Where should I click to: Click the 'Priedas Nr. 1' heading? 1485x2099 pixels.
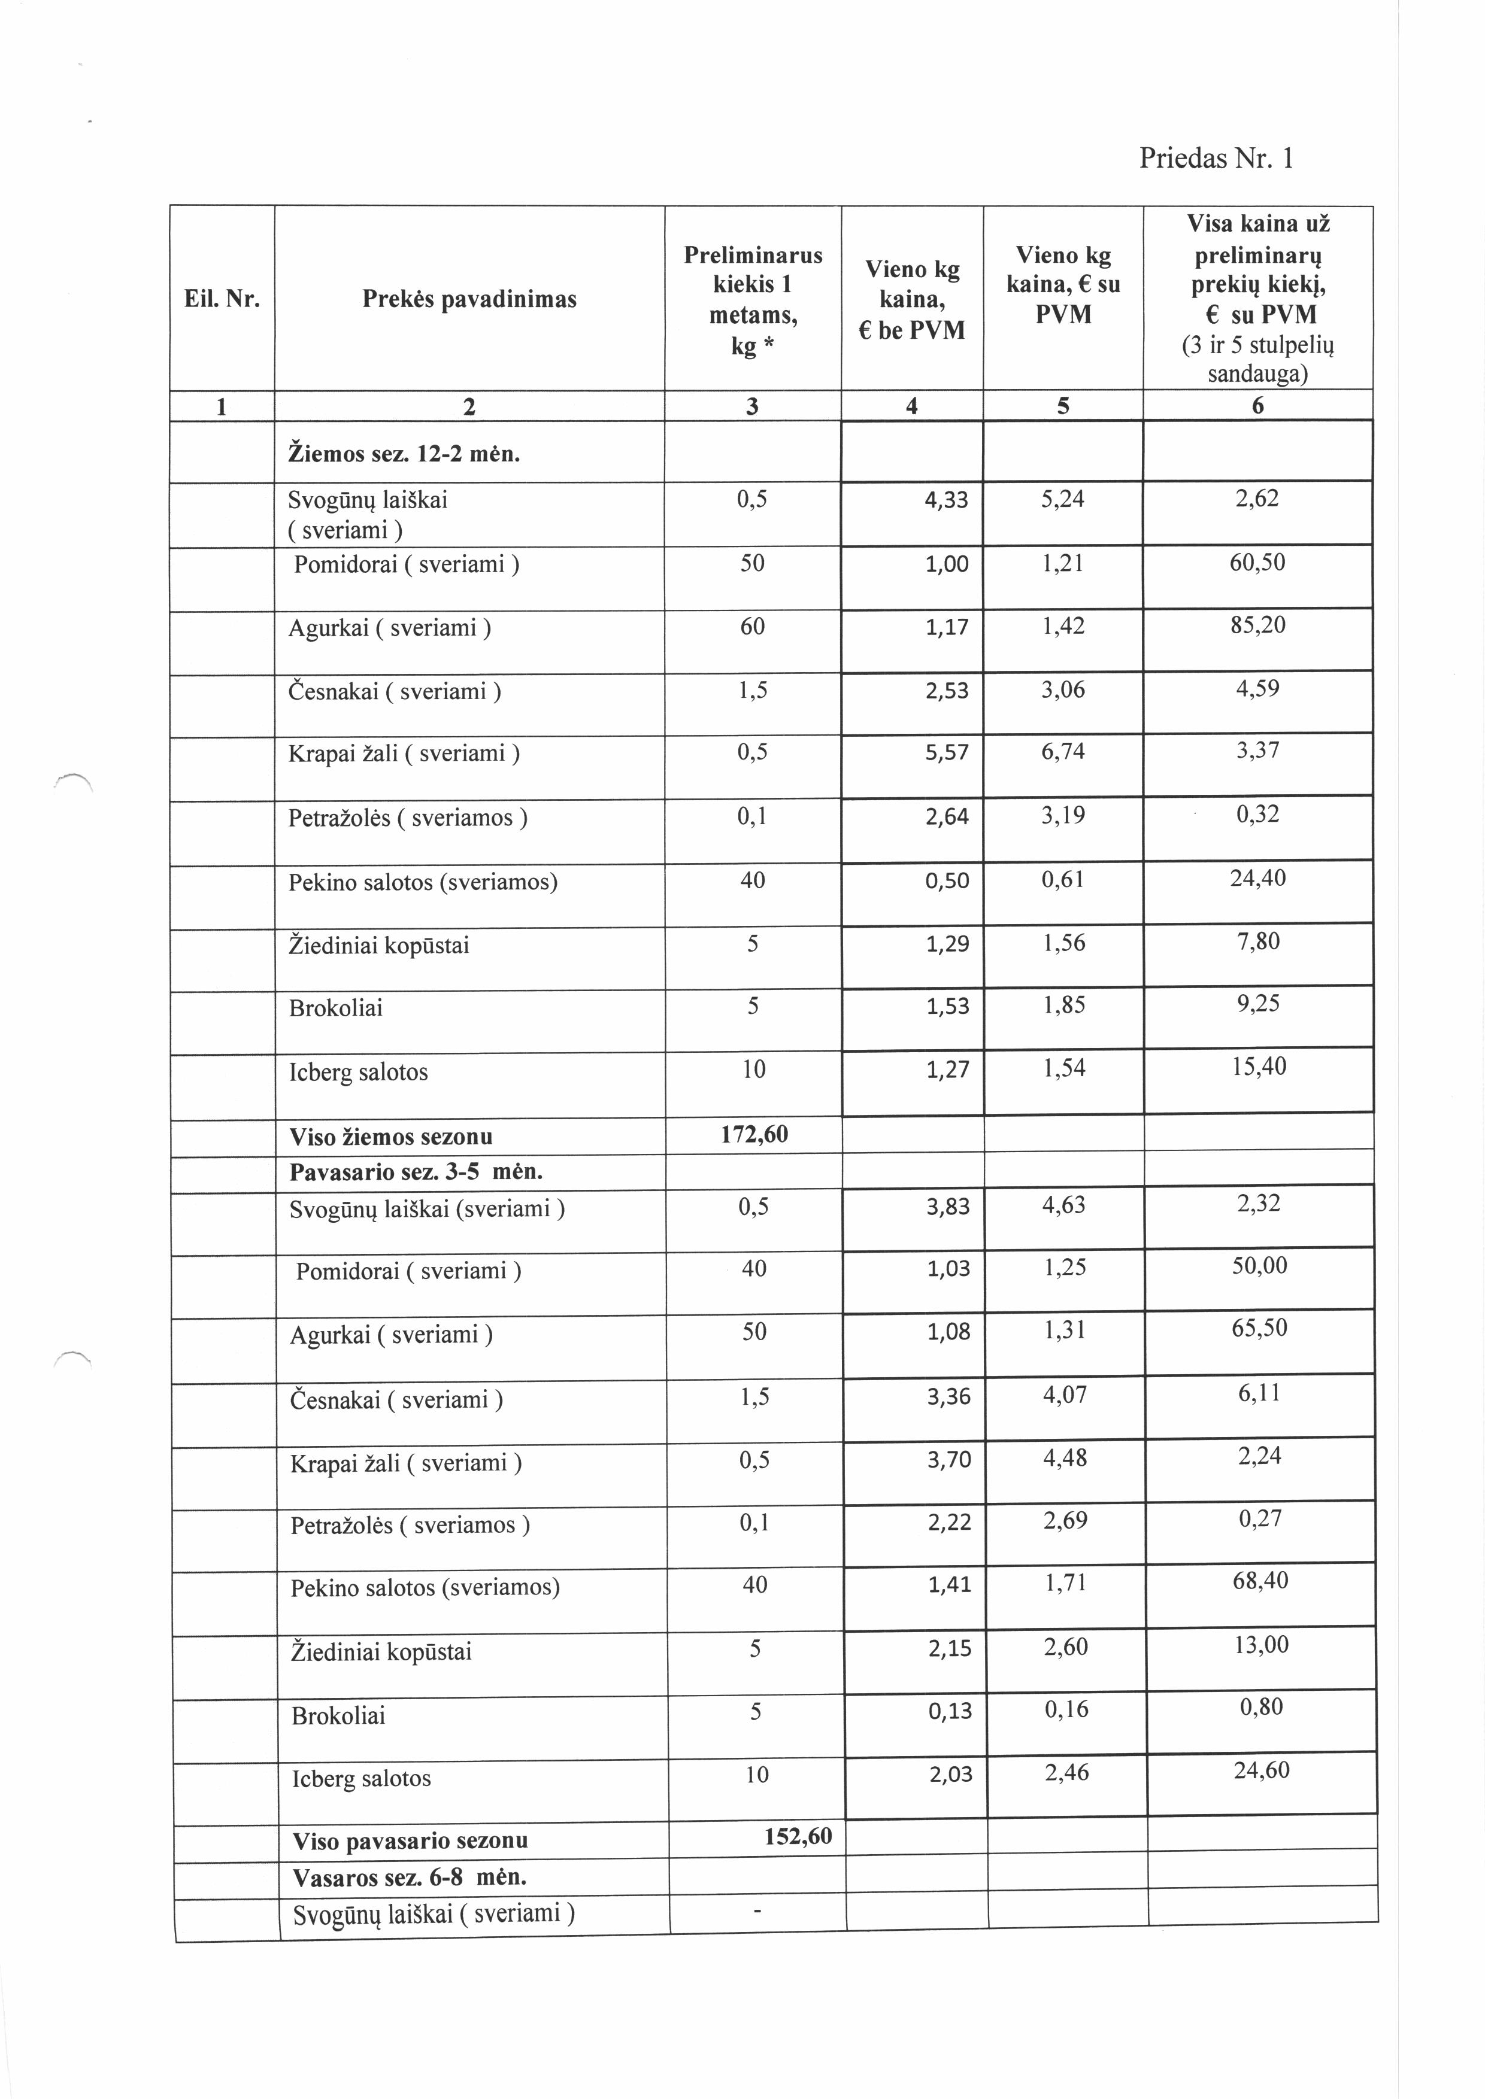1216,159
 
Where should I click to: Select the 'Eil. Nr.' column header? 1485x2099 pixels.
222,299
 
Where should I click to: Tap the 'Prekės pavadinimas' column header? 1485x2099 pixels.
469,299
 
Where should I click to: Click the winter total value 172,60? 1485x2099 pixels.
754,1135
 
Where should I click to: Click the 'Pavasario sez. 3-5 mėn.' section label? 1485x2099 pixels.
416,1172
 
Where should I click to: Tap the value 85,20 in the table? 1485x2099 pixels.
1258,625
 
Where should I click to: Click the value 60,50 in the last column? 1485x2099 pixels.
1257,562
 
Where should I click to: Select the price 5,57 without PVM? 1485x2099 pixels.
947,754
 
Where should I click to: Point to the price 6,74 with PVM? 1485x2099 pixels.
1062,752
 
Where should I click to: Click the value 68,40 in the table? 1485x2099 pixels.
1260,1581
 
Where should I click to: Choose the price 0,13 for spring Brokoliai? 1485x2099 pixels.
950,1711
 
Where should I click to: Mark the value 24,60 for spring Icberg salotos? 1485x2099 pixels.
1261,1771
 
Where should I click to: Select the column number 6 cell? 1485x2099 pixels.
1257,406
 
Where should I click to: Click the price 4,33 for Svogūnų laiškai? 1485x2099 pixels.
947,500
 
